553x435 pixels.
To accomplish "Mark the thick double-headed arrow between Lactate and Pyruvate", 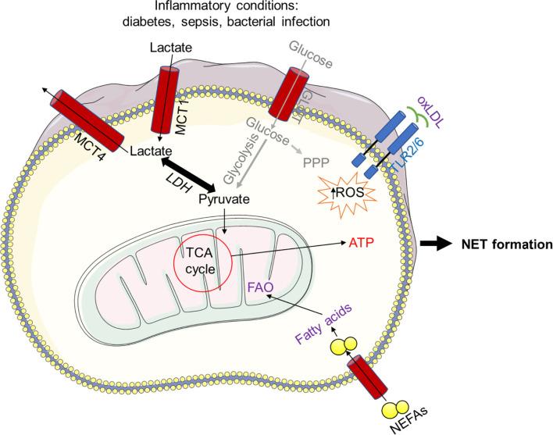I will pos(189,173).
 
